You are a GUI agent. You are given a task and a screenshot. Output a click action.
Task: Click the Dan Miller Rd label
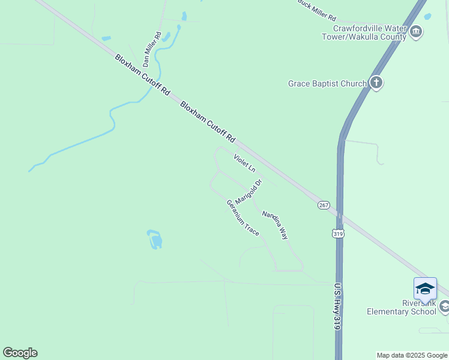pyautogui.click(x=152, y=49)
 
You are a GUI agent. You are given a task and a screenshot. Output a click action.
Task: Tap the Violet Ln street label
pyautogui.click(x=244, y=163)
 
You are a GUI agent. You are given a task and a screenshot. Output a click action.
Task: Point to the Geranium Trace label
pyautogui.click(x=243, y=217)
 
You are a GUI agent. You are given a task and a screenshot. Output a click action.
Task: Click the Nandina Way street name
pyautogui.click(x=275, y=224)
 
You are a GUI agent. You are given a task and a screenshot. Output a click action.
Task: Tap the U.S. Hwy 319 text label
pyautogui.click(x=338, y=305)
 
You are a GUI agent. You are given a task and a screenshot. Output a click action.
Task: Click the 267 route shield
pyautogui.click(x=324, y=205)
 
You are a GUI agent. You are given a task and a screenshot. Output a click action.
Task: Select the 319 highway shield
pyautogui.click(x=339, y=233)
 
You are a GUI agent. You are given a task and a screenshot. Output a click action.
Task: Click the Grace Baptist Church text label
pyautogui.click(x=327, y=83)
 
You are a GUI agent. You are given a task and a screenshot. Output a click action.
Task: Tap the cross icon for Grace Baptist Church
pyautogui.click(x=376, y=83)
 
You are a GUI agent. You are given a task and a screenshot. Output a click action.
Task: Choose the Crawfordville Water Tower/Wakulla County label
pyautogui.click(x=370, y=32)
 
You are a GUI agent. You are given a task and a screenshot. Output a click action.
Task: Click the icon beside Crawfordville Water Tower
pyautogui.click(x=416, y=31)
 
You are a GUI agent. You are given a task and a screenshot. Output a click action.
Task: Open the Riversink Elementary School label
pyautogui.click(x=402, y=307)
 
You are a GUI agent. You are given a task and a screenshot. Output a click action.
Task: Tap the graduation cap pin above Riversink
pyautogui.click(x=425, y=289)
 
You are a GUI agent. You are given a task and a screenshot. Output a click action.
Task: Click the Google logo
pyautogui.click(x=20, y=353)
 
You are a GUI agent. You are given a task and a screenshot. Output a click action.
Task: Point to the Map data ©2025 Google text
pyautogui.click(x=412, y=355)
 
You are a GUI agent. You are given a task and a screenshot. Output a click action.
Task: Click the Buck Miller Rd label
pyautogui.click(x=318, y=10)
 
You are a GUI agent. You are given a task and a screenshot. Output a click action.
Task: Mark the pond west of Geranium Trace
pyautogui.click(x=155, y=239)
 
